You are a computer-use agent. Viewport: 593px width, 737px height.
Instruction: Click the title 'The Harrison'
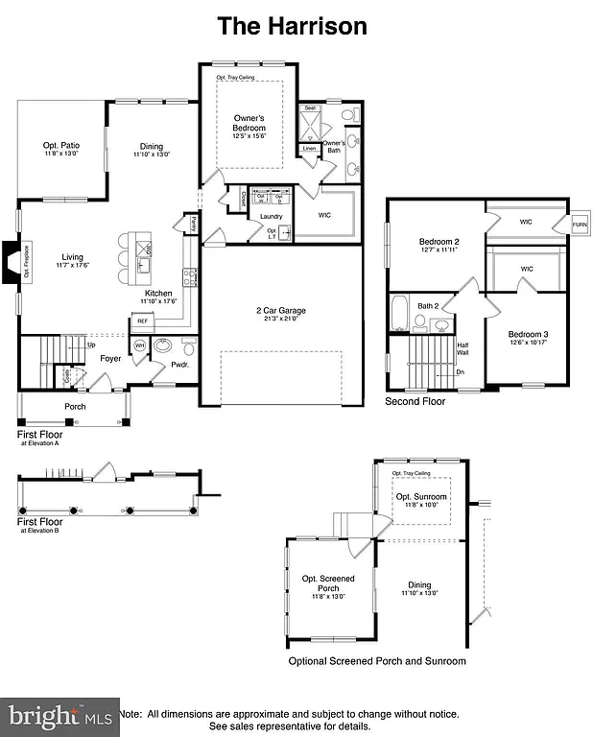click(x=292, y=26)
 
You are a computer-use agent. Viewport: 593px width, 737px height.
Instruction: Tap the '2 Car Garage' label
click(x=280, y=311)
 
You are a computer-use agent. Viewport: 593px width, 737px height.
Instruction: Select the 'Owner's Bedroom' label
click(x=249, y=124)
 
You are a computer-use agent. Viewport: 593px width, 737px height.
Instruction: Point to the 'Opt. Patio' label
click(x=60, y=147)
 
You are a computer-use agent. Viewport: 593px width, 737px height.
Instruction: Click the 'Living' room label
click(x=73, y=257)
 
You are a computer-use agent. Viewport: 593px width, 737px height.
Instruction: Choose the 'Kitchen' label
click(x=158, y=294)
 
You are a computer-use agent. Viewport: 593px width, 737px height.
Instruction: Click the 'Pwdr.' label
click(x=179, y=365)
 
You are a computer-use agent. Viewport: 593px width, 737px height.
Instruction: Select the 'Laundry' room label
click(x=271, y=216)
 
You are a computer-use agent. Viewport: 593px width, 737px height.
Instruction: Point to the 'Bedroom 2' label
click(x=439, y=241)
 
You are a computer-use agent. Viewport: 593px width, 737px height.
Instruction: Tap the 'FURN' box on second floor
click(x=579, y=225)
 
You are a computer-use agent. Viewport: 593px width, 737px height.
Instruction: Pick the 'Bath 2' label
click(x=428, y=306)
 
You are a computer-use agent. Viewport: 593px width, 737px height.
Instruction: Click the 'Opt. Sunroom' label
click(x=420, y=495)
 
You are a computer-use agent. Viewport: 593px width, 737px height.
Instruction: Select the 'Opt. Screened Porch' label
click(x=328, y=582)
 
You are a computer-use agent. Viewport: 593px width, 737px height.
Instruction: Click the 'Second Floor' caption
click(x=415, y=401)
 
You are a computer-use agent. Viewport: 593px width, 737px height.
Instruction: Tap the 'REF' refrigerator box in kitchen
click(x=142, y=321)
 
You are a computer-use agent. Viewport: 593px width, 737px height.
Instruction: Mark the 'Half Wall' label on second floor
click(x=463, y=349)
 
